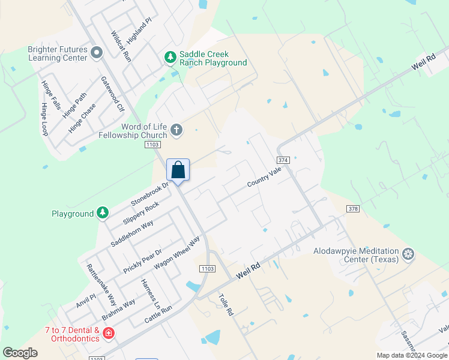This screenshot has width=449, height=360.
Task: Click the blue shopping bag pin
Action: click(178, 170)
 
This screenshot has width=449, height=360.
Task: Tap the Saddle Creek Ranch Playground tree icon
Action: click(170, 58)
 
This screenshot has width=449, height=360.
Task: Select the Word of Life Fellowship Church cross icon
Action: click(176, 130)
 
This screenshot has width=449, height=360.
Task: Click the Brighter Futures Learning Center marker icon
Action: click(96, 54)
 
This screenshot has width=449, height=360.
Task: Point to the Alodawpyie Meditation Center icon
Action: click(408, 254)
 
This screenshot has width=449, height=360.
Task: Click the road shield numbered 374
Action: click(284, 160)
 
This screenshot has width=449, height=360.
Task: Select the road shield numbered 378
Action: click(353, 208)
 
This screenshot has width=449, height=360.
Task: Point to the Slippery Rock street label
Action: click(141, 213)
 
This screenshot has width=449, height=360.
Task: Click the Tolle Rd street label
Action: click(225, 304)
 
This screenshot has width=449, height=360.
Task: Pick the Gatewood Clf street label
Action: click(112, 94)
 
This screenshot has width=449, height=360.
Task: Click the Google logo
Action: click(20, 353)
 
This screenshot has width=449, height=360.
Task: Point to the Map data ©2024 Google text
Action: click(411, 355)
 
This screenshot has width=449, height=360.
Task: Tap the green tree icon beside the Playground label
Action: click(103, 213)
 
